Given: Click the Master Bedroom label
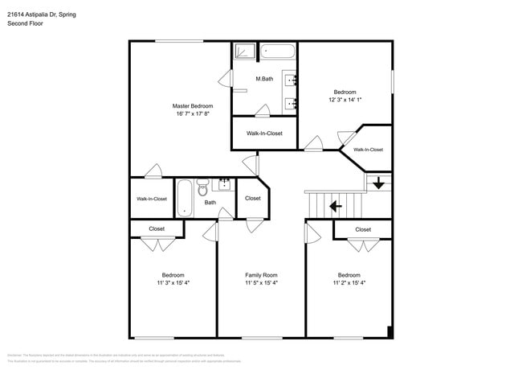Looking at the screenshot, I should point(193,105).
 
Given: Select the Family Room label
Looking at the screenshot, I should point(261,275).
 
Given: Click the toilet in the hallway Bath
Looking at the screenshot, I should point(202,190).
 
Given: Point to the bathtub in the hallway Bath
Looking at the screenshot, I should point(185,198).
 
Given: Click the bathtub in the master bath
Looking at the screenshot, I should point(278,52).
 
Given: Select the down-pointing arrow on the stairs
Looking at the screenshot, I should point(378,183).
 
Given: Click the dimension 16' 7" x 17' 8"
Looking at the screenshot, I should point(193,113).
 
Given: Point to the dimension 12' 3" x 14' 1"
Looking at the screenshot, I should point(345,100).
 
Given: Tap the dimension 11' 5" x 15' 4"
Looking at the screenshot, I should point(261,283).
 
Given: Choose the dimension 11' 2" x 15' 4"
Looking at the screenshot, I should point(349,283).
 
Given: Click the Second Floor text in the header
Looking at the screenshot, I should point(26,23).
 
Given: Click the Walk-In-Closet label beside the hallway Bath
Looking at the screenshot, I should point(152,199).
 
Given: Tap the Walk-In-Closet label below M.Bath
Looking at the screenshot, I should point(264,134).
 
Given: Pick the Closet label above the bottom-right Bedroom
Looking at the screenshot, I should point(363,229).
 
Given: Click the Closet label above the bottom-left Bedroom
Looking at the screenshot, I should point(157,228).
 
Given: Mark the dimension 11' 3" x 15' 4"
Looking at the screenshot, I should point(173,283).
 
